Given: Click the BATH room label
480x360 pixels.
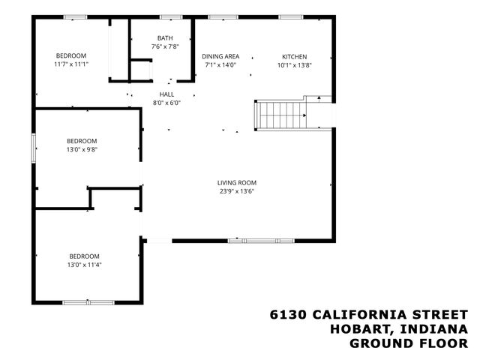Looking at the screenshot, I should click(x=165, y=38).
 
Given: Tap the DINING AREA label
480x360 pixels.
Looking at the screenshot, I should click(x=220, y=56).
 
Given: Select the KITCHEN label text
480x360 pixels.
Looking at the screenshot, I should click(x=294, y=56).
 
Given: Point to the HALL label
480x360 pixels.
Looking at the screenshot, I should click(x=166, y=94).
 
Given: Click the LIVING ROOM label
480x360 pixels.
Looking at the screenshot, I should click(x=237, y=182).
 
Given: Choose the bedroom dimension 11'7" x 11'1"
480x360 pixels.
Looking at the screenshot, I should click(x=71, y=64).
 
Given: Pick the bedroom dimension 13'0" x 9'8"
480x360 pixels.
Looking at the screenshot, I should click(x=82, y=149).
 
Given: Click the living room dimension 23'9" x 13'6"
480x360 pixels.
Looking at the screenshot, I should click(x=237, y=190).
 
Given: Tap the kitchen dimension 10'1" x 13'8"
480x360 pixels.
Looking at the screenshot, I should click(x=294, y=64).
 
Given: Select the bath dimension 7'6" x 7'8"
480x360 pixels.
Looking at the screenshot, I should click(x=165, y=46).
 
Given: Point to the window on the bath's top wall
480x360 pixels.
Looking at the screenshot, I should click(x=171, y=16).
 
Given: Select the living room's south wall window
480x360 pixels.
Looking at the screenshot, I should click(x=252, y=241).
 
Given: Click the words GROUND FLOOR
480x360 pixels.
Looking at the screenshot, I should click(x=409, y=343).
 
